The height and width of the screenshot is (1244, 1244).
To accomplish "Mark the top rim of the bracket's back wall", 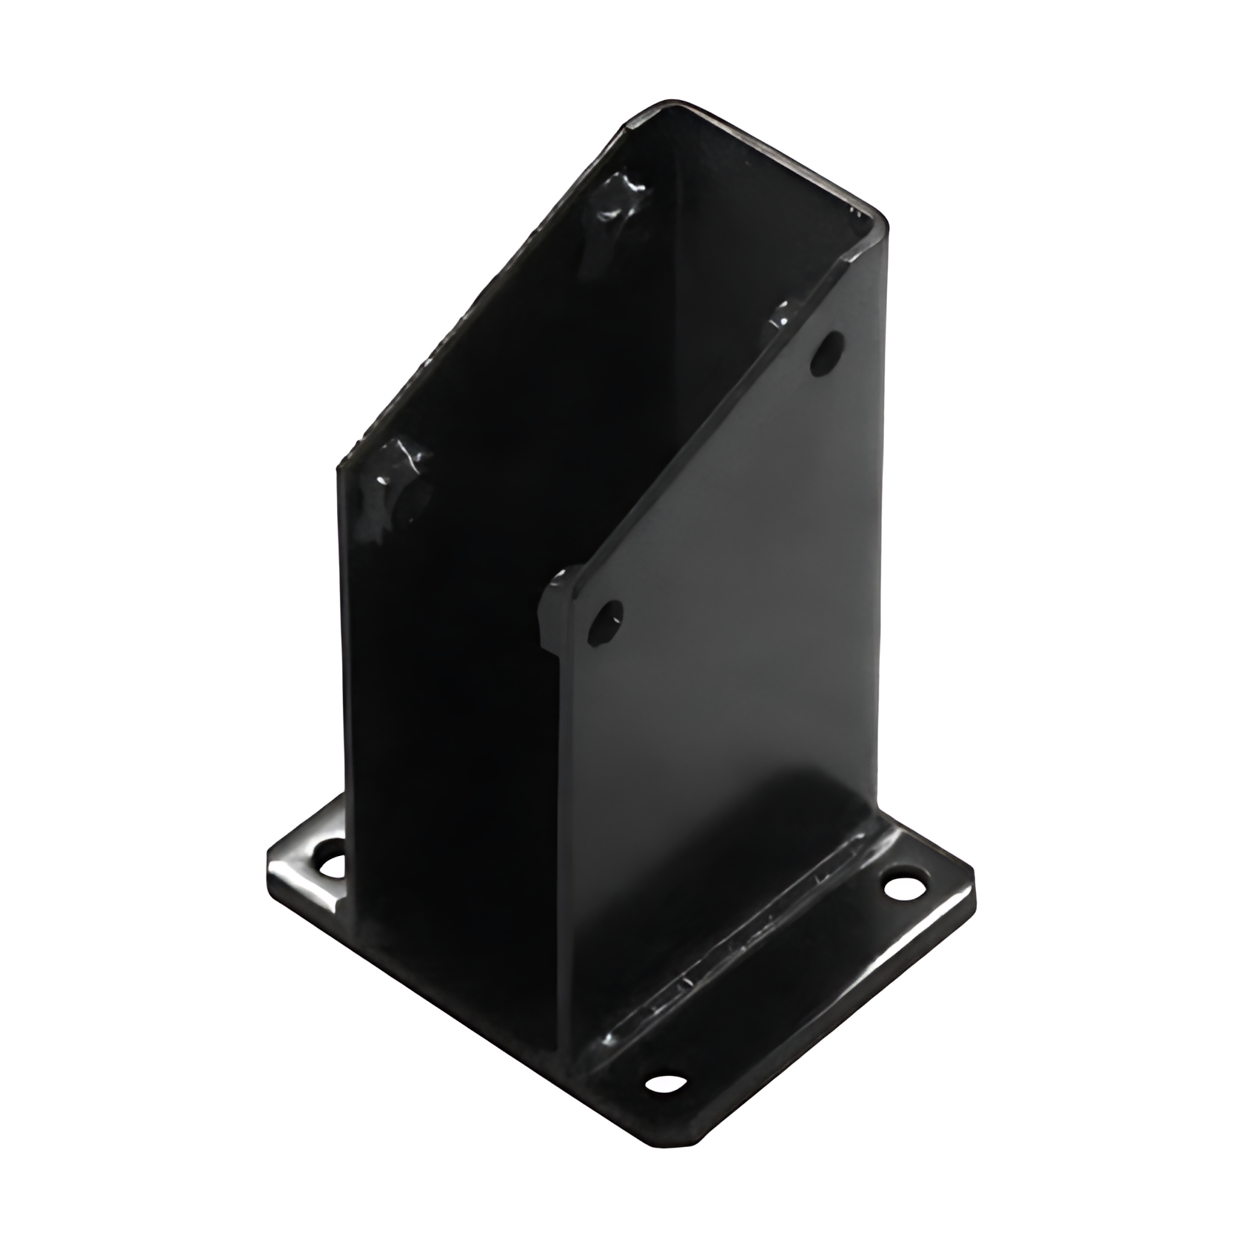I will (777, 155).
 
